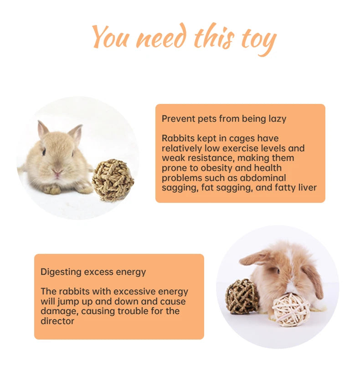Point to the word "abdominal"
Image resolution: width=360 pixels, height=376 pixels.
click(x=263, y=178)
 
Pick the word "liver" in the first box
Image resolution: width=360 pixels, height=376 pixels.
click(x=308, y=187)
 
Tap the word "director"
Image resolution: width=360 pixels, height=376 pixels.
click(x=57, y=321)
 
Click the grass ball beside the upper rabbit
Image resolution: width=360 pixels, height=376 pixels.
click(x=113, y=180)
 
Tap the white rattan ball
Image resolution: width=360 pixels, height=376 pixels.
click(x=291, y=309)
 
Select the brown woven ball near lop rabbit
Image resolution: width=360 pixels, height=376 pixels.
click(x=242, y=297)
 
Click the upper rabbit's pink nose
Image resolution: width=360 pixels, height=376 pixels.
click(x=57, y=172)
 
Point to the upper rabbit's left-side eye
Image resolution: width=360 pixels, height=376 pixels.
click(x=44, y=152)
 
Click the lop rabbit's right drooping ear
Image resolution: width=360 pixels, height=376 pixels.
click(x=313, y=281)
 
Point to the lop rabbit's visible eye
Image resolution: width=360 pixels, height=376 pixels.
click(x=278, y=271)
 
